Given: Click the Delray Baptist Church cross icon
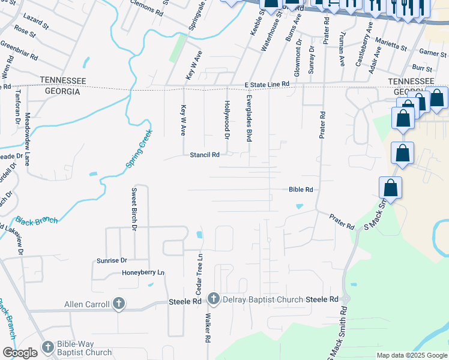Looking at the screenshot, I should pyautogui.click(x=213, y=299).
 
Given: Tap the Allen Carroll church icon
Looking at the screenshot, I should pyautogui.click(x=118, y=304).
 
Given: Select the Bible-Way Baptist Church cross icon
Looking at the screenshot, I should pyautogui.click(x=48, y=347).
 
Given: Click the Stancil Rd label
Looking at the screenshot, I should pyautogui.click(x=204, y=154).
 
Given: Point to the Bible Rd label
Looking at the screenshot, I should pyautogui.click(x=301, y=190).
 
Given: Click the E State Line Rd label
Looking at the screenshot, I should pyautogui.click(x=267, y=85).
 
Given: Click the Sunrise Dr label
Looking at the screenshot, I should pyautogui.click(x=112, y=260).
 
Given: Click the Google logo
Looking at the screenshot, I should pyautogui.click(x=20, y=352).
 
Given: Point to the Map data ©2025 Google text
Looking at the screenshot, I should pyautogui.click(x=412, y=355).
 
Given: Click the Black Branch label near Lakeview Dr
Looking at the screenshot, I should pyautogui.click(x=37, y=220).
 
